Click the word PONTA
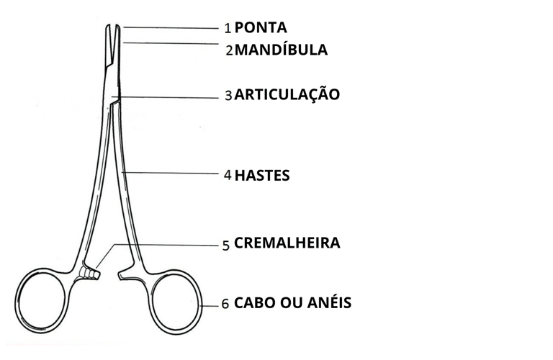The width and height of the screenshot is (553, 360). click(x=261, y=28)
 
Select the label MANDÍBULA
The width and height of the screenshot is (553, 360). click(x=281, y=50)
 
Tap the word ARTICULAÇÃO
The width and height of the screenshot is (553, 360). click(x=287, y=94)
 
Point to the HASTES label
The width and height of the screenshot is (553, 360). click(x=262, y=175)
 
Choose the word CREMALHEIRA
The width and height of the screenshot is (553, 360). click(x=287, y=243)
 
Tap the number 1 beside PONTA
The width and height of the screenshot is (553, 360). click(x=228, y=29)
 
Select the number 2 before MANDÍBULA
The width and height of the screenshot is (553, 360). click(x=229, y=51)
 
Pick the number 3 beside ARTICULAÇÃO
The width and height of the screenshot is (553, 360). click(x=228, y=95)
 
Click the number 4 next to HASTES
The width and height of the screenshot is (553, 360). click(x=228, y=175)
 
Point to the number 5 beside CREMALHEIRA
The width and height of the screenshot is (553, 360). click(x=226, y=245)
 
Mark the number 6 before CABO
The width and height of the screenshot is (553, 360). click(x=225, y=304)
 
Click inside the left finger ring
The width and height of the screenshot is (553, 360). click(x=45, y=302)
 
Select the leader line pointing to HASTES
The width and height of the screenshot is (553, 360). click(x=173, y=173)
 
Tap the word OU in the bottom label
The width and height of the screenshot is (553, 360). click(x=291, y=302)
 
